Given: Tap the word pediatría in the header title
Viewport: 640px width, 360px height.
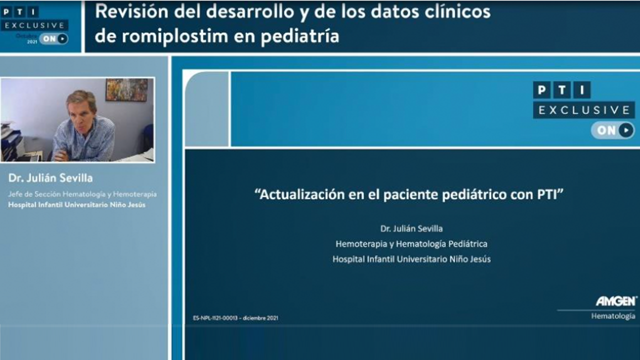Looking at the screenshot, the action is click(x=299, y=37).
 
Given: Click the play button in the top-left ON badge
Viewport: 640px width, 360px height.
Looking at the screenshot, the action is click(x=62, y=38).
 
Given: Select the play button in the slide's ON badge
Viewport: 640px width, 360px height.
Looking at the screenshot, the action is click(x=626, y=130).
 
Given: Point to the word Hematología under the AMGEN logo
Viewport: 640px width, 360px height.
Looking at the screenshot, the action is click(x=613, y=316).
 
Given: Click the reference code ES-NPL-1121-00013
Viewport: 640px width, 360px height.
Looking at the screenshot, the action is click(x=215, y=318).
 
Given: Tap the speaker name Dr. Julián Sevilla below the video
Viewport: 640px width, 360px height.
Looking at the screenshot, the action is click(x=50, y=178).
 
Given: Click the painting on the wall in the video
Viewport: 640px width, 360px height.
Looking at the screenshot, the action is click(x=127, y=90).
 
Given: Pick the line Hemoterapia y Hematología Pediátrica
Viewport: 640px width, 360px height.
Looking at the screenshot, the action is click(x=411, y=244).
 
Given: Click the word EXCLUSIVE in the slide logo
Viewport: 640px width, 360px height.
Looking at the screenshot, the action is click(x=584, y=110).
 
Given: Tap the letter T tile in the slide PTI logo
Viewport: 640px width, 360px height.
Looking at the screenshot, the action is click(x=562, y=90).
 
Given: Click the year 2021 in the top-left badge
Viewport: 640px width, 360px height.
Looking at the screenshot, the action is click(x=32, y=42).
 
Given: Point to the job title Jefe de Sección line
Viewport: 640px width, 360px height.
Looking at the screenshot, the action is click(x=82, y=194).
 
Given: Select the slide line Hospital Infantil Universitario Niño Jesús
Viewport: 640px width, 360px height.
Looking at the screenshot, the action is click(x=411, y=259).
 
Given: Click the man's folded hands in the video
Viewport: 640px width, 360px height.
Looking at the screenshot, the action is click(x=61, y=155).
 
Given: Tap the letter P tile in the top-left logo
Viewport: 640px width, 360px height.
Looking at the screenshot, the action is click(x=6, y=12).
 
